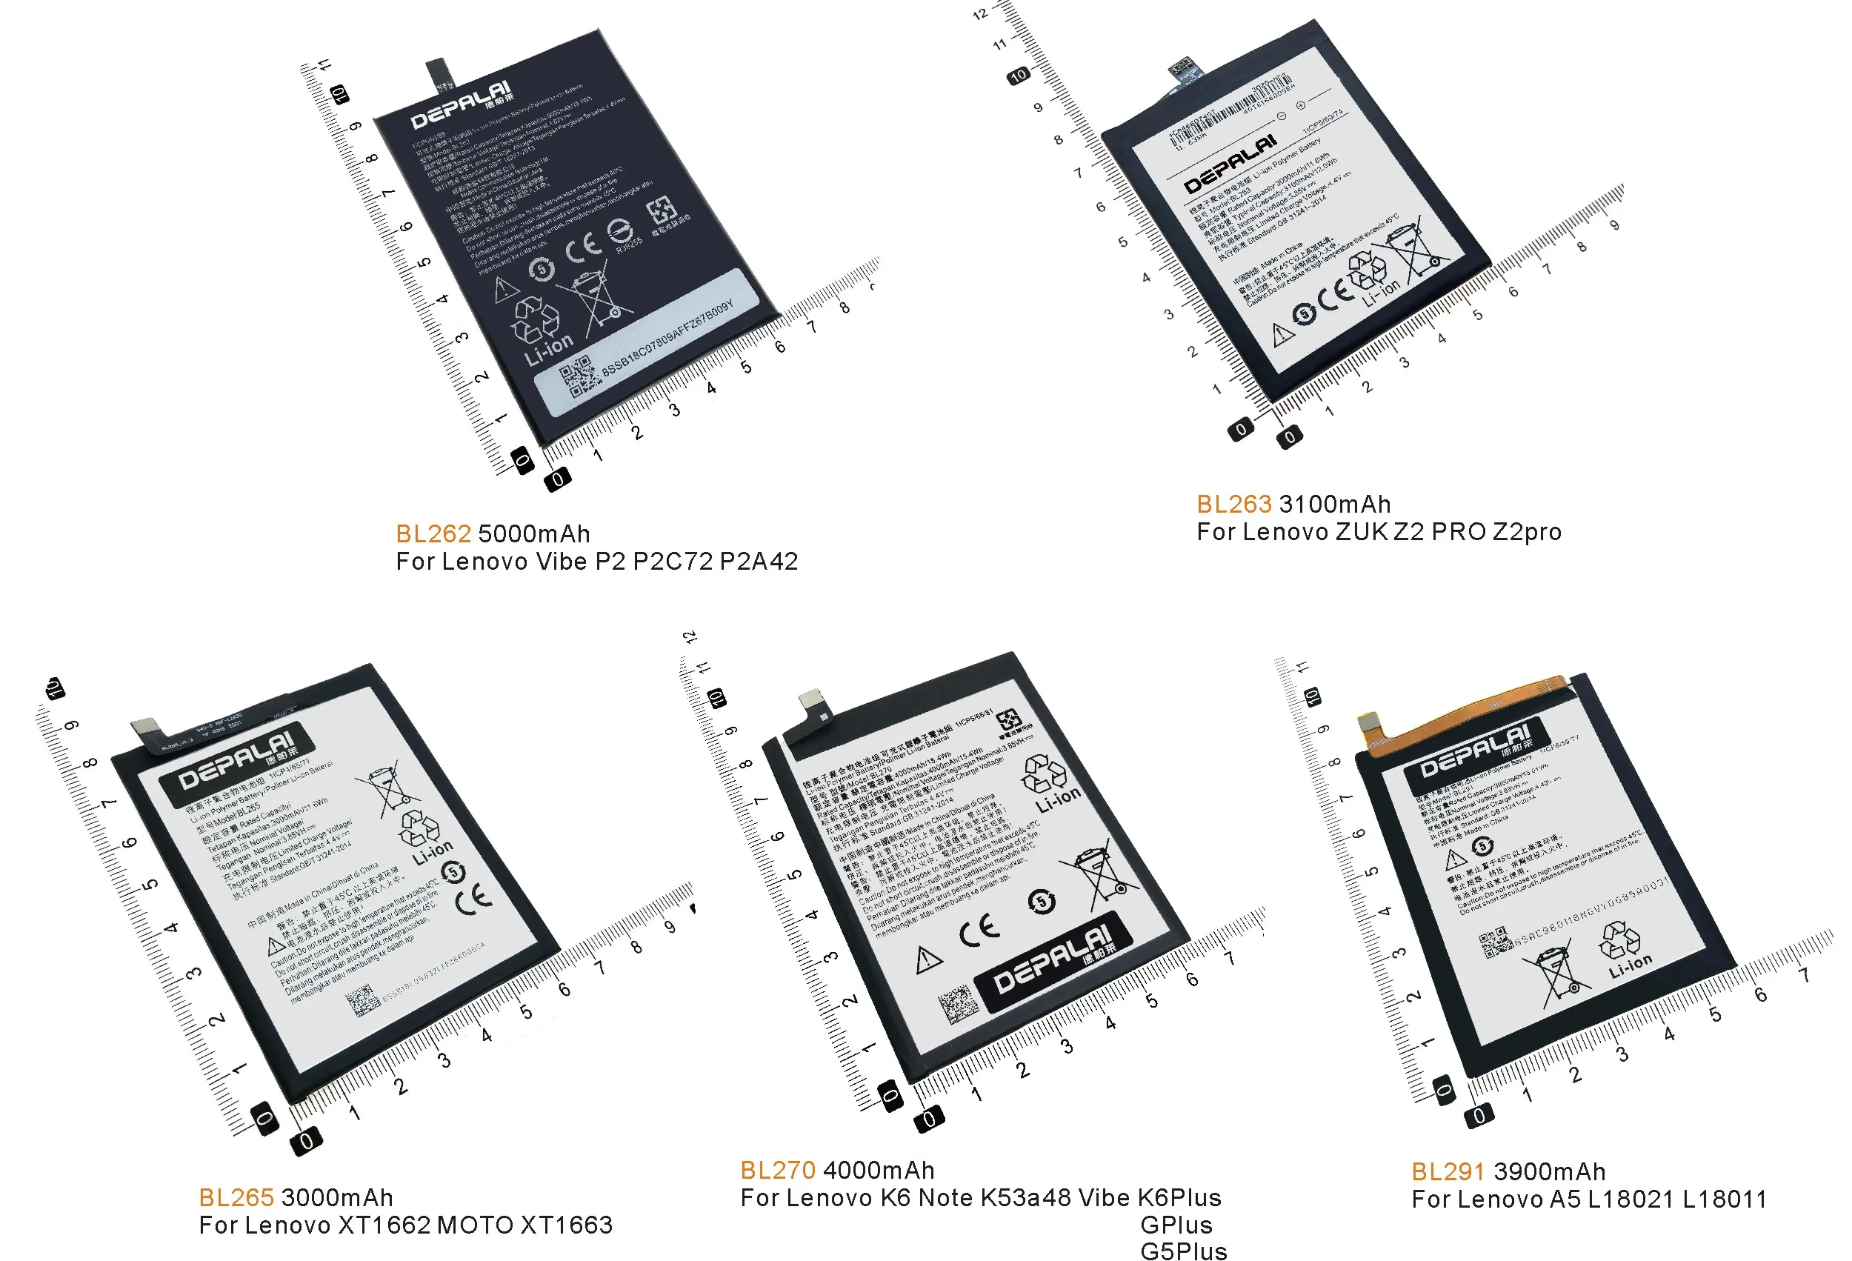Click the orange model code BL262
tap(433, 533)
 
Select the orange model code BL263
tap(1233, 504)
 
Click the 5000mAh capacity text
tap(534, 533)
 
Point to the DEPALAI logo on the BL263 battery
tap(1230, 164)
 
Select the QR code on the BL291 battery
tap(1495, 942)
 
